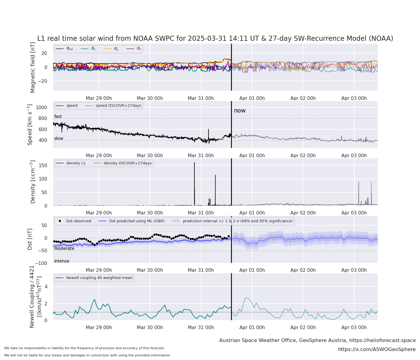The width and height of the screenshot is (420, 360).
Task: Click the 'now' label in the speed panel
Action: tap(240, 111)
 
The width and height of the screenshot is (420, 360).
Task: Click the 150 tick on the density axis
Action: tap(43, 165)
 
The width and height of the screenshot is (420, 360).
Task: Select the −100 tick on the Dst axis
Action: tap(42, 263)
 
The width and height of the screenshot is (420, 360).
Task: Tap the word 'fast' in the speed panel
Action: tap(58, 116)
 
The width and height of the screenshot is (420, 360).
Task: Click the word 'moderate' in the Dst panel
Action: tap(64, 248)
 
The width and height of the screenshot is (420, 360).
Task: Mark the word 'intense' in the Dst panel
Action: tap(61, 261)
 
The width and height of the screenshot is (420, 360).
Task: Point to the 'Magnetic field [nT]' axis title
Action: tap(33, 67)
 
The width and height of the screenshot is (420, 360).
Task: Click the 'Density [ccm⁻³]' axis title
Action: tap(33, 182)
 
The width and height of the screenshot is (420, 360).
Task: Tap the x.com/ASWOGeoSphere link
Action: tap(377, 349)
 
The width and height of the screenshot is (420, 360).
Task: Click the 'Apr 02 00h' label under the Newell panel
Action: tap(303, 328)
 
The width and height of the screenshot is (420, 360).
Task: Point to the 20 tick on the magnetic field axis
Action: tap(44, 53)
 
